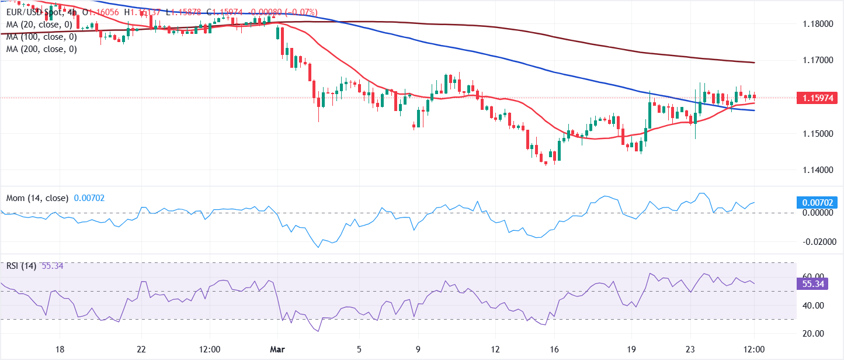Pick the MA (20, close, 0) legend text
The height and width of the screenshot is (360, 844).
(x=39, y=24)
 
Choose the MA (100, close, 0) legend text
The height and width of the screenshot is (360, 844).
(x=41, y=37)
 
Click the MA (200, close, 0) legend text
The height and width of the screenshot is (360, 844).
(x=41, y=50)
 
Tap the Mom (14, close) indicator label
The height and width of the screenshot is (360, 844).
(x=37, y=198)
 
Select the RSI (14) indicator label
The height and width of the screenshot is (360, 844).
(x=21, y=266)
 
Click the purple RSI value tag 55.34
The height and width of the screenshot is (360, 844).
(x=812, y=284)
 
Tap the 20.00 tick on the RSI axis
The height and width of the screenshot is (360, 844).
(x=812, y=334)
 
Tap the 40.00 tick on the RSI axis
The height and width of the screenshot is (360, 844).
(x=812, y=305)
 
